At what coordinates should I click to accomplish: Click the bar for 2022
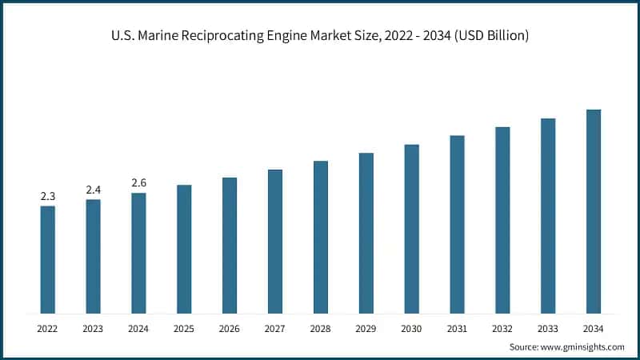(x=48, y=260)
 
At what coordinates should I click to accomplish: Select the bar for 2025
(x=184, y=249)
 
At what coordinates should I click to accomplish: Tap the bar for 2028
(x=321, y=237)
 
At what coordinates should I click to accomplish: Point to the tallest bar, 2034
(x=594, y=211)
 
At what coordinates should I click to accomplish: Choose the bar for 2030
(x=411, y=229)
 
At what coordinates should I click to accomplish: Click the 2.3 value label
(x=48, y=196)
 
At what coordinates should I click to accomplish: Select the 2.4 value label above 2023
(x=94, y=190)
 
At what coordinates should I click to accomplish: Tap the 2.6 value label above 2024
(x=139, y=183)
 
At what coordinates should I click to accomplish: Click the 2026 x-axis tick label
(x=230, y=328)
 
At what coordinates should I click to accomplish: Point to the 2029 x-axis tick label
(x=366, y=328)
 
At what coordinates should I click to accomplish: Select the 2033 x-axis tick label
(x=548, y=328)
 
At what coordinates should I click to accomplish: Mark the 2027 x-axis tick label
(x=275, y=328)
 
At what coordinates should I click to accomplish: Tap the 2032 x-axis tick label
(x=502, y=328)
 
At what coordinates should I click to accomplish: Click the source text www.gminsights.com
(x=582, y=346)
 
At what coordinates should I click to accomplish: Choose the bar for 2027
(x=275, y=241)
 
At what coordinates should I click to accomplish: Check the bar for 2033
(x=548, y=216)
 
